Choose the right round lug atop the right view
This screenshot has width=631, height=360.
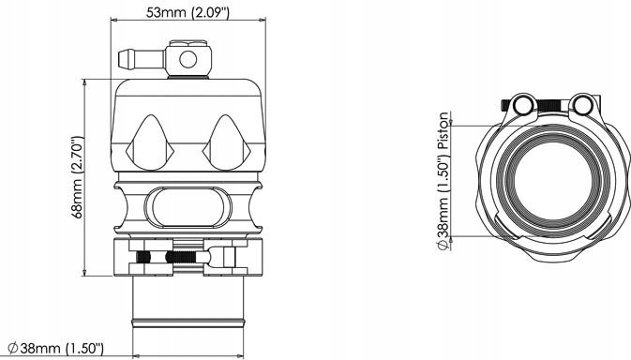(582, 104)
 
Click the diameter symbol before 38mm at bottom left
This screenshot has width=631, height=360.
(11, 349)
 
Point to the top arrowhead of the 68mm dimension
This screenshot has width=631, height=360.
(87, 82)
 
